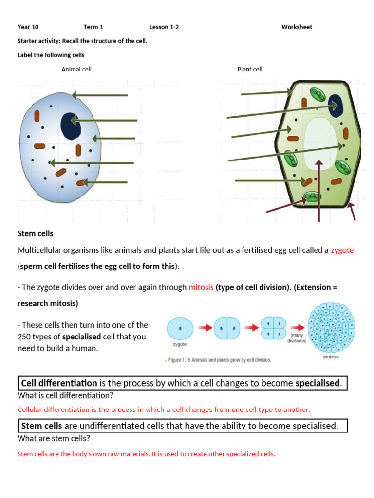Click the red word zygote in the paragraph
coord(342,250)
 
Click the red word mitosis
coord(201,287)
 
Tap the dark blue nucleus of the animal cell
coord(71,126)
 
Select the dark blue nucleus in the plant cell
coord(335,104)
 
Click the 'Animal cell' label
coord(76,70)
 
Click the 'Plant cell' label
coord(250,70)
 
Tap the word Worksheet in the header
coord(297,27)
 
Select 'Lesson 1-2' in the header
coord(164,27)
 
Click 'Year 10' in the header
coord(28,27)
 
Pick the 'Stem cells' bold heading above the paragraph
coord(36,234)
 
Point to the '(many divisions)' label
coord(298,338)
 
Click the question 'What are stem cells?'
coord(54,438)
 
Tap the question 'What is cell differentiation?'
coord(66,395)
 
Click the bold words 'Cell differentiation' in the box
coord(59,383)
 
